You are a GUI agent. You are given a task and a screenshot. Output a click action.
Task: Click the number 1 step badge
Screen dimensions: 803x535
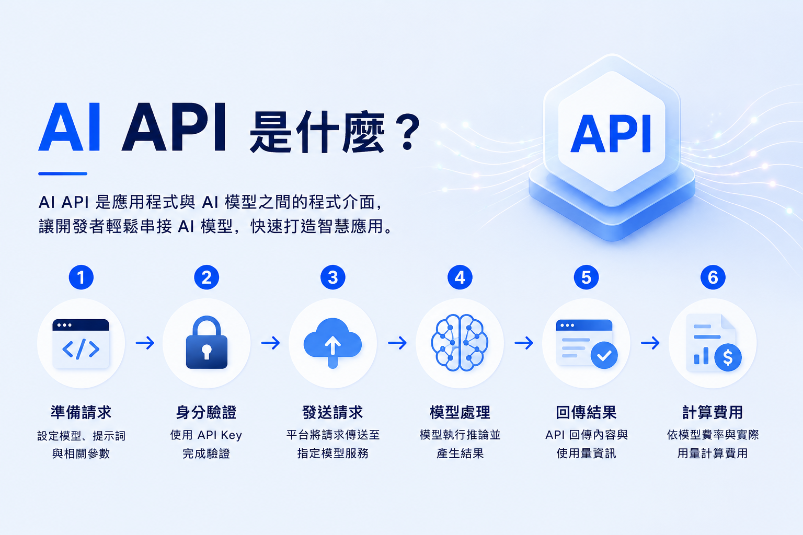pos(81,277)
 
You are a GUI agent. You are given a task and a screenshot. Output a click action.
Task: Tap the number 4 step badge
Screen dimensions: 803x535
pos(460,277)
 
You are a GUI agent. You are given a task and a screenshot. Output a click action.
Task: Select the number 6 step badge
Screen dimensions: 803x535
pos(713,277)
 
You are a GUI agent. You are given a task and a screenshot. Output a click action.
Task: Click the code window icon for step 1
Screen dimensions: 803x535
pos(81,344)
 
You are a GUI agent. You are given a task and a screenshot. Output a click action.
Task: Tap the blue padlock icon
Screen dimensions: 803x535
pos(207,343)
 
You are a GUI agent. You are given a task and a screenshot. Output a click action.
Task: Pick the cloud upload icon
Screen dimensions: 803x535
pos(332,343)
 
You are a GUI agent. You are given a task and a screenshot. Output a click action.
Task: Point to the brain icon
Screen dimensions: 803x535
pos(460,343)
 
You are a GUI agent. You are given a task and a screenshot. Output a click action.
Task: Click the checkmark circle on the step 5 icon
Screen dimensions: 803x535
pos(604,355)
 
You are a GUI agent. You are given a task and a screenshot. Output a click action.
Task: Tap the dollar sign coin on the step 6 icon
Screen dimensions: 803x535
pos(728,357)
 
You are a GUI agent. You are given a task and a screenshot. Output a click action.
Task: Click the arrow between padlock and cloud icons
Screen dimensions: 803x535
pos(271,343)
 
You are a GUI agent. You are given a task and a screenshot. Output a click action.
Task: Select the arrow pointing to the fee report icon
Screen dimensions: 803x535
pos(650,343)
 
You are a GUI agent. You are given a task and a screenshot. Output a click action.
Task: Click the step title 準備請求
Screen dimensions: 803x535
pos(81,412)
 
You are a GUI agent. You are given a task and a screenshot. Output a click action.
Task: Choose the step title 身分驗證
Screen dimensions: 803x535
pos(207,412)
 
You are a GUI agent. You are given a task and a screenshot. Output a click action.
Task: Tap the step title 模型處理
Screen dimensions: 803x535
pos(460,412)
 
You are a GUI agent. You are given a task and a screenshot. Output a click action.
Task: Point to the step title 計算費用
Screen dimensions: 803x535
pos(713,412)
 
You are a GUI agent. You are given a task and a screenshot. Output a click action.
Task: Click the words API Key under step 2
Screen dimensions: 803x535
pos(220,435)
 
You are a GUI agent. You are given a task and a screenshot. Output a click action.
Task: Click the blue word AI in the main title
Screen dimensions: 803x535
pos(69,127)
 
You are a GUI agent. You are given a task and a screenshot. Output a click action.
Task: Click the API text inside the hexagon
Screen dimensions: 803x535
pos(611,134)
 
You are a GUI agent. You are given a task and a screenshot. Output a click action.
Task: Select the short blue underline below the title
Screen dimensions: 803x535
pos(63,174)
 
